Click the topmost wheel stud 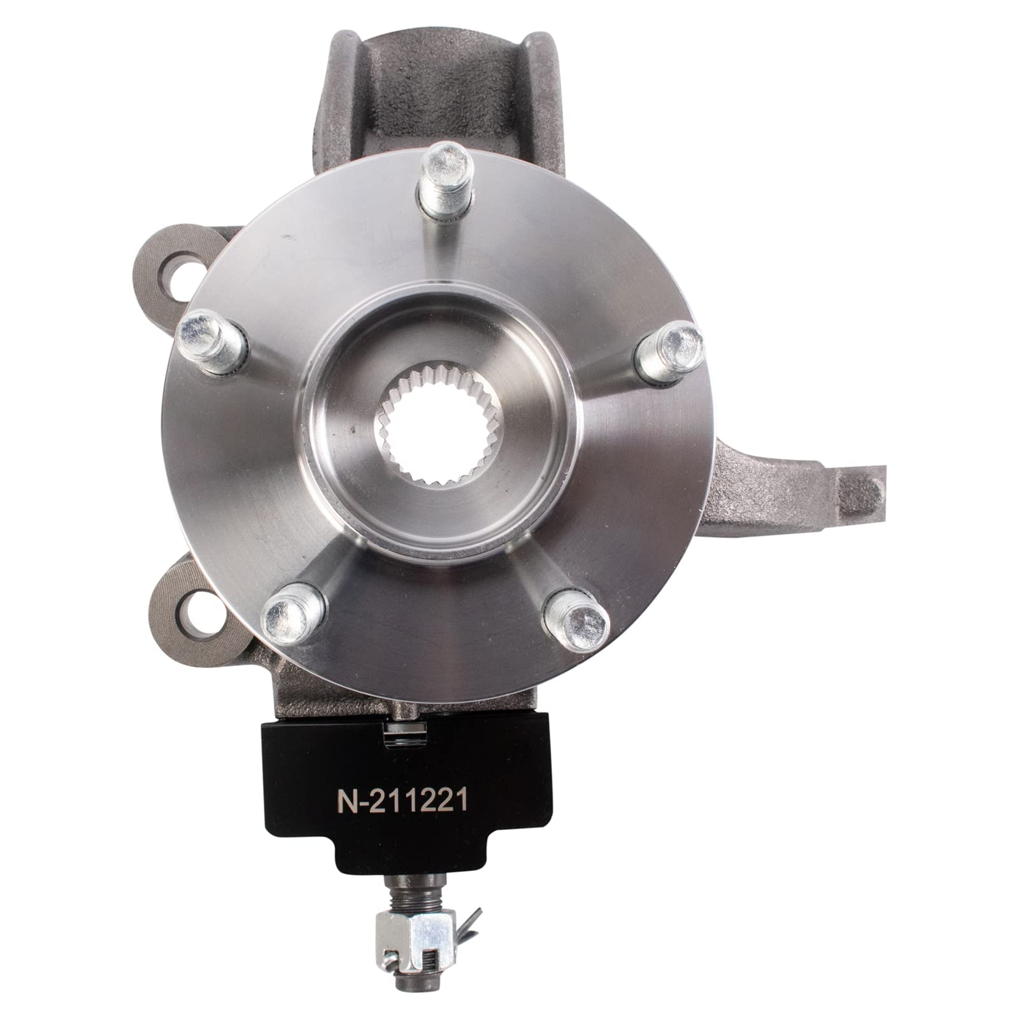444,167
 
